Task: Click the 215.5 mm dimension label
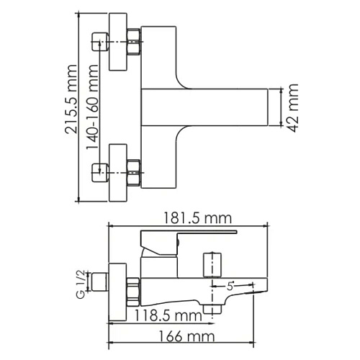coord(71,99)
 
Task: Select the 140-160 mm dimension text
coord(92,107)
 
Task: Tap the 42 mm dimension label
coord(293,108)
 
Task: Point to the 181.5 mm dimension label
coord(197,218)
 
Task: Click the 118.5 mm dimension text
coord(168,315)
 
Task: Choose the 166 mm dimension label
coord(186,336)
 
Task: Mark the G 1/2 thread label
coord(81,284)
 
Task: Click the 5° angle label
coord(230,286)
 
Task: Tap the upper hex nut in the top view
coord(133,42)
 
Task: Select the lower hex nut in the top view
coord(133,173)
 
